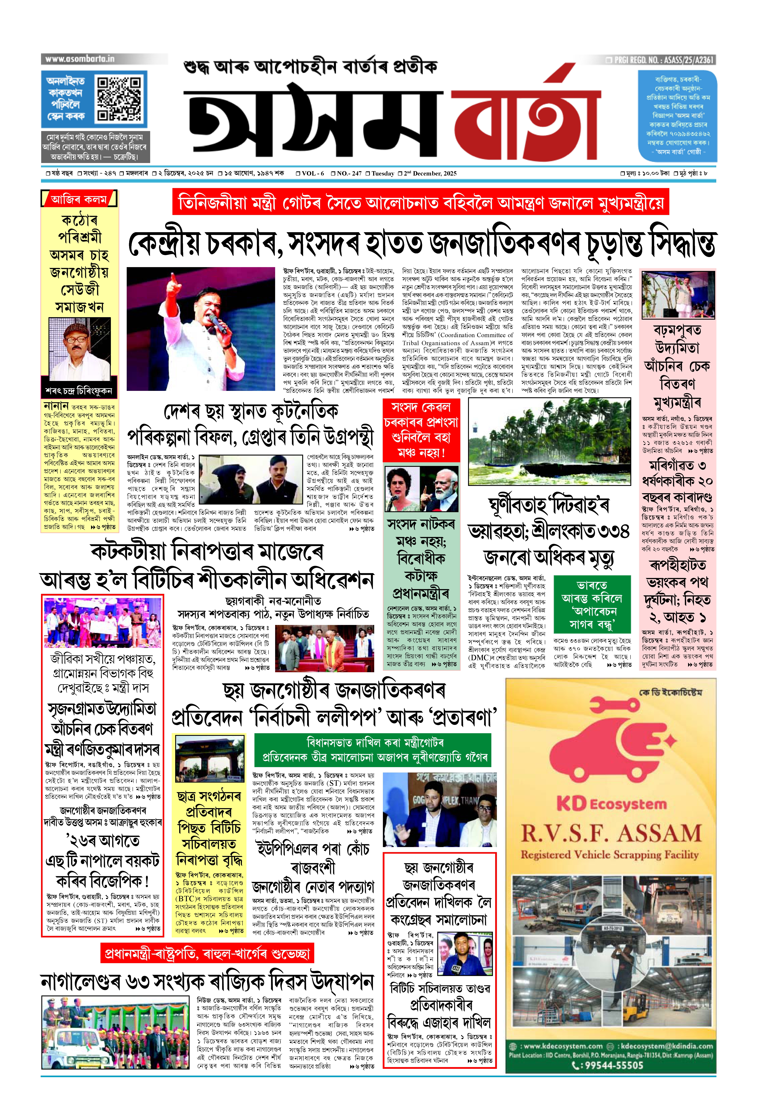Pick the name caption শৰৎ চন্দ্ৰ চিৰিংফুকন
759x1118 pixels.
[x=79, y=391]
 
